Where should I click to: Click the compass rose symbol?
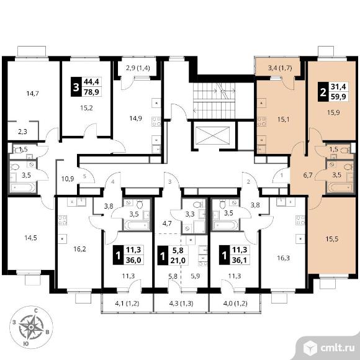click(31, 326)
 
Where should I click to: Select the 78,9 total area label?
click(91, 92)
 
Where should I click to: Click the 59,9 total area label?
click(338, 97)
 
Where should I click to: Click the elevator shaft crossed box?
click(213, 135)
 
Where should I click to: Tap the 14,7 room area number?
click(32, 94)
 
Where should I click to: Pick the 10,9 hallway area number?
click(68, 179)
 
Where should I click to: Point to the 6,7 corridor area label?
click(308, 175)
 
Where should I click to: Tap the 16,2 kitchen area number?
click(79, 249)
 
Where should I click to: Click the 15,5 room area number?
click(332, 239)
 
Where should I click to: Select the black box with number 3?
click(76, 88)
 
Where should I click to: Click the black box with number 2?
click(323, 92)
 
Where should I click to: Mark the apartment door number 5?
click(84, 176)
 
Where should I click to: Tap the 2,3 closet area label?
click(22, 132)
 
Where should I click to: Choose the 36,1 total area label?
click(239, 260)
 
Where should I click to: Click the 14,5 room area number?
click(31, 238)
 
